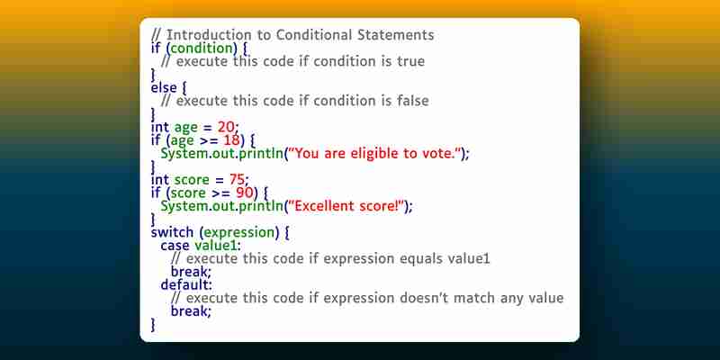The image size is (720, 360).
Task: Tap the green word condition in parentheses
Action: click(x=202, y=49)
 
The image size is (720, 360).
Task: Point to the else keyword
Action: click(x=164, y=87)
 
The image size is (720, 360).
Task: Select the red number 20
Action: click(x=226, y=127)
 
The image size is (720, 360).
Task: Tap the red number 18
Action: click(x=232, y=140)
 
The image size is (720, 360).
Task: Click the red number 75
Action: click(x=238, y=179)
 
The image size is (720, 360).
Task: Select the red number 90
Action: click(x=245, y=193)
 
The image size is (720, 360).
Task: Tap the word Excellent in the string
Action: click(x=325, y=206)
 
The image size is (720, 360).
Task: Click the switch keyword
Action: click(x=172, y=232)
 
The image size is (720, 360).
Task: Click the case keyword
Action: click(x=175, y=246)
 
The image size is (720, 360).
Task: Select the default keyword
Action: click(x=185, y=284)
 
